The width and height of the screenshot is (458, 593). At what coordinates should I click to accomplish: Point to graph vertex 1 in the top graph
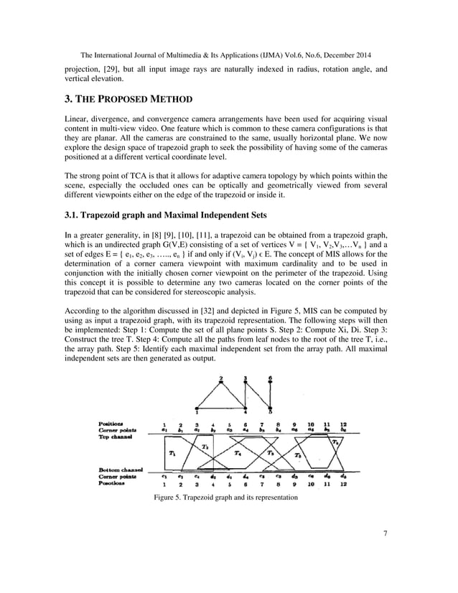pyautogui.click(x=198, y=412)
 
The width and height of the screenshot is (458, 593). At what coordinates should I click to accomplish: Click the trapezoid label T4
pyautogui.click(x=238, y=454)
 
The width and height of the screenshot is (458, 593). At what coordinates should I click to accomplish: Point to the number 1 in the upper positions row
pyautogui.click(x=164, y=424)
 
